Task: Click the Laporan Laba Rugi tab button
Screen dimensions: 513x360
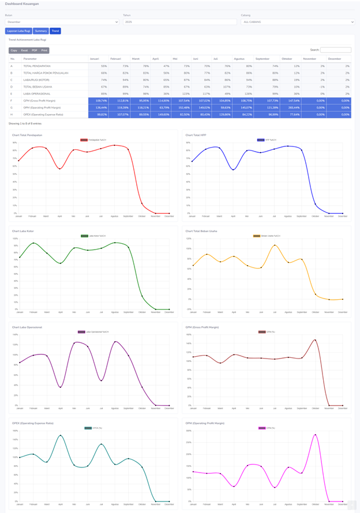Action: point(18,31)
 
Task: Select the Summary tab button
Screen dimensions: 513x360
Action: point(40,31)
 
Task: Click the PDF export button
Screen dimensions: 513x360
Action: point(35,51)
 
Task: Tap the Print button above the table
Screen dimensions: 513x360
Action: point(44,51)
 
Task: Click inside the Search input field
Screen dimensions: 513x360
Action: point(336,50)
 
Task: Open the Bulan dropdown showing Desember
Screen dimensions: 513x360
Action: point(62,22)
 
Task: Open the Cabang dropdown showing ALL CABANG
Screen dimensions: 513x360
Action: point(298,22)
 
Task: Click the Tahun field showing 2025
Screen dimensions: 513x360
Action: point(179,22)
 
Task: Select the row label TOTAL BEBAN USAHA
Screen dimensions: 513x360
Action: point(37,87)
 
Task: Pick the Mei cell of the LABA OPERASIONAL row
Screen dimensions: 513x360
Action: point(181,93)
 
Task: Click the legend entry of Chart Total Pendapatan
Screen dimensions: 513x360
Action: point(93,140)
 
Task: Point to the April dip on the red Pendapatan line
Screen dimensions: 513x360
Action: point(60,169)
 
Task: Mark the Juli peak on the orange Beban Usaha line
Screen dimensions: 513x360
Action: point(275,245)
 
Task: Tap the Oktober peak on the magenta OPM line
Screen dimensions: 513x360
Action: point(316,435)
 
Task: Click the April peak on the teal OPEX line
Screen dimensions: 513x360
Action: point(60,435)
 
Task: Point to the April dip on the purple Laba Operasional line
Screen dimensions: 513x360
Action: point(60,387)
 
